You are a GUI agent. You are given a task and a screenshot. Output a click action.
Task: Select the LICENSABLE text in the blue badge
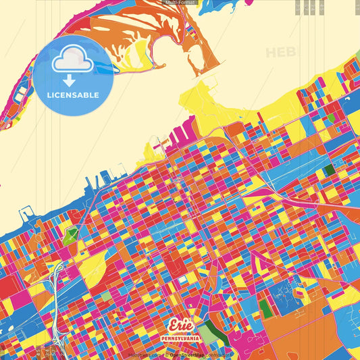[x=73, y=95]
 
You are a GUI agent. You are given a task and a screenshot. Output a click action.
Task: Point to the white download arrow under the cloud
[x=72, y=80]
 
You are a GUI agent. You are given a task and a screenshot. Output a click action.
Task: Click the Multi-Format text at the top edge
[x=180, y=3]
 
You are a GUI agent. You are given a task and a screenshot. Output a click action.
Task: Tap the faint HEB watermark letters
[x=281, y=53]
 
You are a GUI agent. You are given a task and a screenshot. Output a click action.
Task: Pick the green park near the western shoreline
[x=71, y=236]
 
